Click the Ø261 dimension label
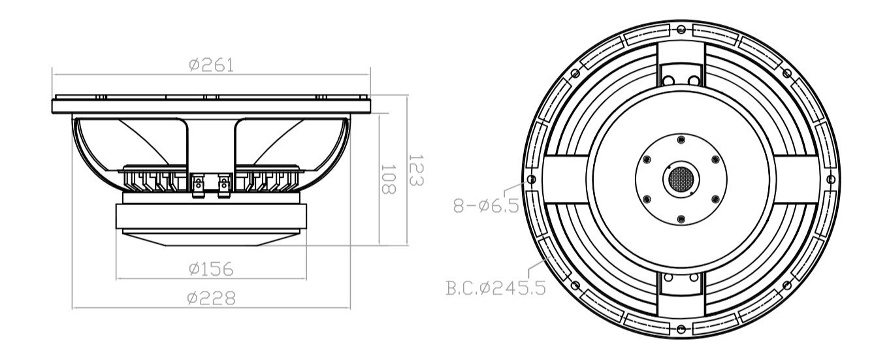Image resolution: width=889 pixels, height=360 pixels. (210, 65)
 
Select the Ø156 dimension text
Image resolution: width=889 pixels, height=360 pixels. (210, 269)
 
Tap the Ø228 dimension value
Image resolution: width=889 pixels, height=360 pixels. (210, 298)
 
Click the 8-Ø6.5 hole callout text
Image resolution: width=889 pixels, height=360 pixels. (486, 206)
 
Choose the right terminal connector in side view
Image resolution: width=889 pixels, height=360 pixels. (224, 184)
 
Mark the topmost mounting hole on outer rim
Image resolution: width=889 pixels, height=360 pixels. (681, 29)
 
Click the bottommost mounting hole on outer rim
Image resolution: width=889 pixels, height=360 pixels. (681, 327)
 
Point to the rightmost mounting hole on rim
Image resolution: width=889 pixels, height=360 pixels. (830, 178)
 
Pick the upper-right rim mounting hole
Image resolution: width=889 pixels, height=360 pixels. (786, 73)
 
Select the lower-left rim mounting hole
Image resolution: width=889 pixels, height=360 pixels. (575, 285)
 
